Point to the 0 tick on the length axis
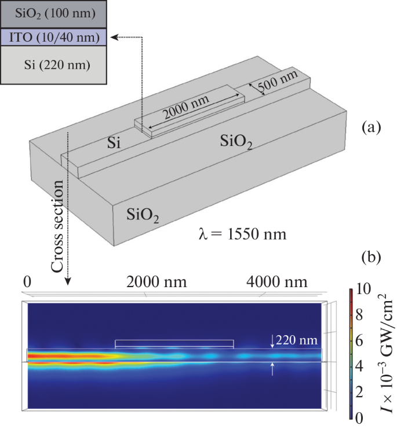pyautogui.click(x=27, y=283)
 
